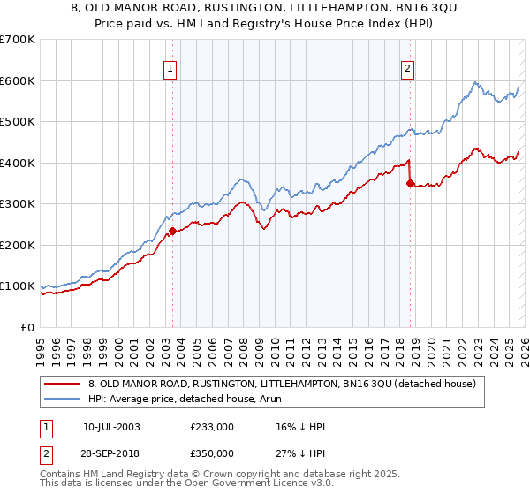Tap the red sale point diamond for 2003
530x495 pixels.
pyautogui.click(x=172, y=232)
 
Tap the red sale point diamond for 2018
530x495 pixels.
pyautogui.click(x=410, y=184)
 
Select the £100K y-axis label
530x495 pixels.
pyautogui.click(x=18, y=286)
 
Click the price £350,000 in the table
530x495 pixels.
pyautogui.click(x=212, y=453)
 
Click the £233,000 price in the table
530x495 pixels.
pyautogui.click(x=212, y=426)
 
